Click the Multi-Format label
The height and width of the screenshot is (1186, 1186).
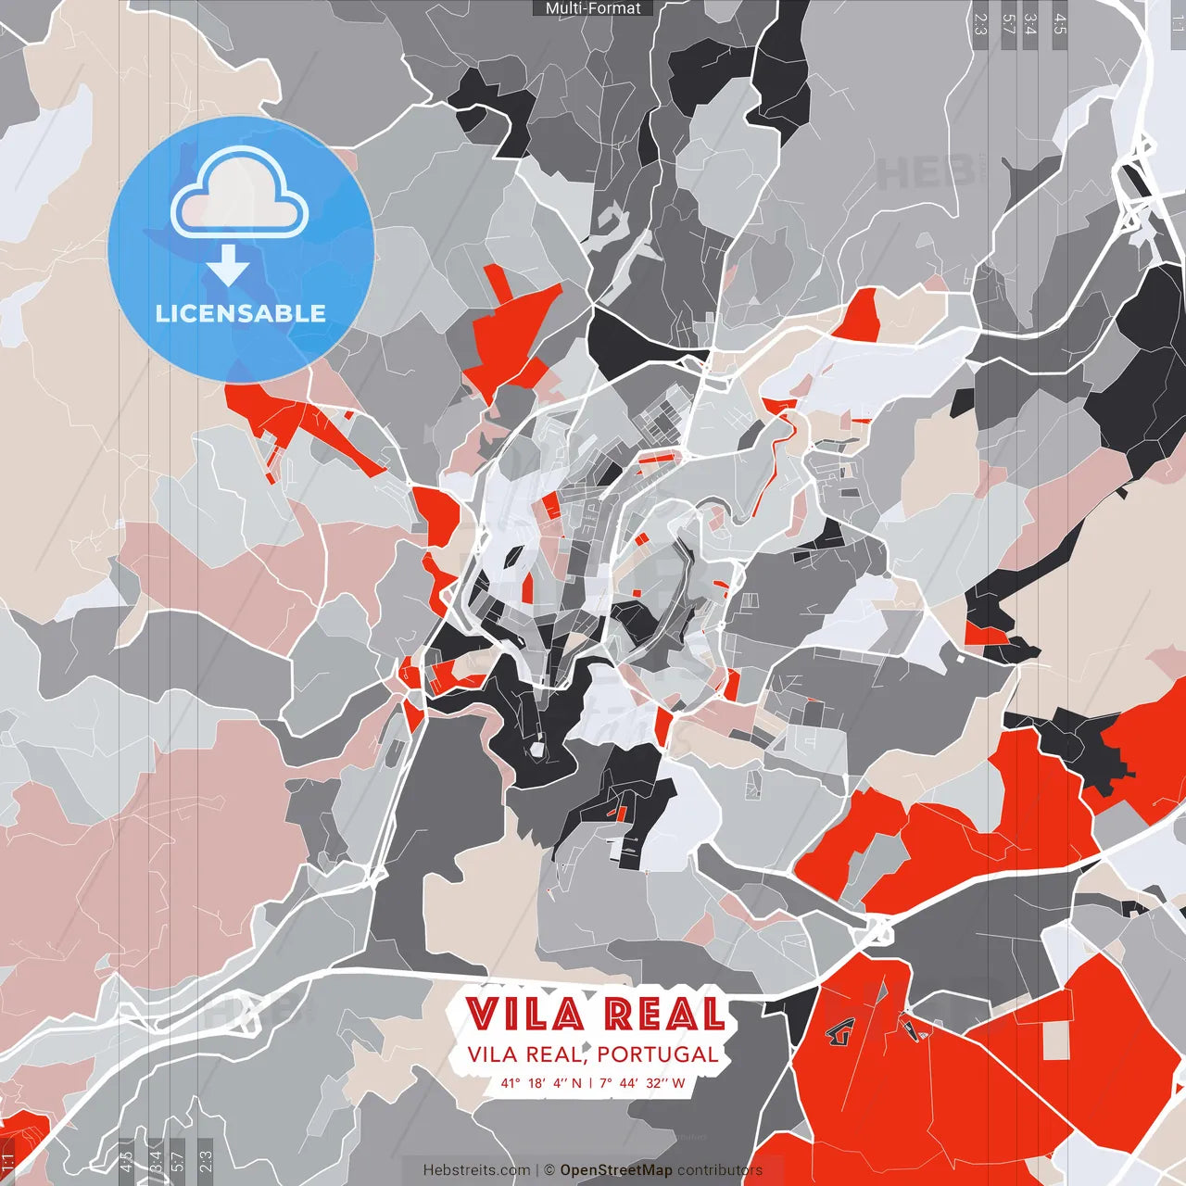pos(593,8)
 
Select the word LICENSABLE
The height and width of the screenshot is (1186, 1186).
pos(241,313)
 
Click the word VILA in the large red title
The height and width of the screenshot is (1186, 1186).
pos(524,1015)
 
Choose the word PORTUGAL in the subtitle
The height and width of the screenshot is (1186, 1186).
pos(657,1054)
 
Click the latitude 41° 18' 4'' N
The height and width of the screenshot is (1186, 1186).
pos(541,1083)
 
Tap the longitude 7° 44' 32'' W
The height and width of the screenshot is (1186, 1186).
pos(642,1083)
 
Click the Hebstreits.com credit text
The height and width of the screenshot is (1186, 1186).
pos(476,1170)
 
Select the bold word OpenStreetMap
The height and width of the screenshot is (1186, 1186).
pos(616,1170)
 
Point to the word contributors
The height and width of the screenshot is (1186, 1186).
pos(720,1170)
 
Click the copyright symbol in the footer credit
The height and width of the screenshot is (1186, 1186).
pos(549,1170)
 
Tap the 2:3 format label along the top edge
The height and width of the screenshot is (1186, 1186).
pos(980,24)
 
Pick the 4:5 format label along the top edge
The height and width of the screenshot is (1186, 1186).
pos(1060,24)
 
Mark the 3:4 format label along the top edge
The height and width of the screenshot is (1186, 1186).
pos(1031,24)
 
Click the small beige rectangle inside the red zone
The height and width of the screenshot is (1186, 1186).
pos(1056,1041)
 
